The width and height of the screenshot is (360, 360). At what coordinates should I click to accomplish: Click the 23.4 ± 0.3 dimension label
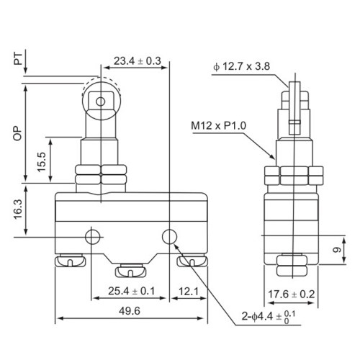(138, 61)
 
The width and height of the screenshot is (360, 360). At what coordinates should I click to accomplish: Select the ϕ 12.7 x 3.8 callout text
(241, 66)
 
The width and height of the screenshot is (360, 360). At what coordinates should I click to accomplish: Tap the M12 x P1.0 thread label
(219, 125)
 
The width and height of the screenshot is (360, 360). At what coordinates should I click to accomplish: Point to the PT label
(18, 59)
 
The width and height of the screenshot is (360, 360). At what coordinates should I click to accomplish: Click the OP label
(17, 133)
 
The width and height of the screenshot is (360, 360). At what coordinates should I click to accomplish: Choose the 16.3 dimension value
(18, 210)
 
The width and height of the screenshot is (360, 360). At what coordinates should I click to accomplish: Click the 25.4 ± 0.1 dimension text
(132, 291)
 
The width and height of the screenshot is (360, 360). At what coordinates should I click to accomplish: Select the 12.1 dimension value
(189, 292)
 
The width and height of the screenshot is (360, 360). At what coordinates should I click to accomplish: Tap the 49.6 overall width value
(130, 311)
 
